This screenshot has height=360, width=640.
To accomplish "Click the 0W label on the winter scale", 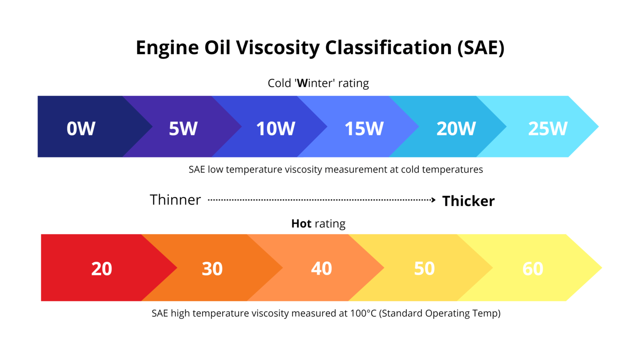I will click(x=81, y=128).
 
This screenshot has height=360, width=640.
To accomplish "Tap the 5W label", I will click(x=183, y=128).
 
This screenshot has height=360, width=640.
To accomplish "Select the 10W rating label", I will click(x=275, y=128).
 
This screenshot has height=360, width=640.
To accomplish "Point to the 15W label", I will click(x=364, y=128).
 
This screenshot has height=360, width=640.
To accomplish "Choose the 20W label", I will click(x=456, y=128).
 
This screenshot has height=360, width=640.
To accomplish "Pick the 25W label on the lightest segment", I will click(x=547, y=128).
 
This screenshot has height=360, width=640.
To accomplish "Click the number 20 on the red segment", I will click(x=102, y=269).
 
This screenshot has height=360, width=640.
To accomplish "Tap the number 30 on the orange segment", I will click(x=212, y=269).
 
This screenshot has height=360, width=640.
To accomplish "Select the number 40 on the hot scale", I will click(x=321, y=268).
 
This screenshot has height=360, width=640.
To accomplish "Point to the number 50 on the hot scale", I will click(x=424, y=268).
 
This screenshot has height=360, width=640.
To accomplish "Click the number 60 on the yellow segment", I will click(x=532, y=269).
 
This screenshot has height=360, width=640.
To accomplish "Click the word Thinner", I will click(x=175, y=200).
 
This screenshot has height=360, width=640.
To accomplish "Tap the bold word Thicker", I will click(x=468, y=201).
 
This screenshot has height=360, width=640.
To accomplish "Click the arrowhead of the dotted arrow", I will click(x=433, y=200).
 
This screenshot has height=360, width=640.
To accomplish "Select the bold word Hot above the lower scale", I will click(x=301, y=224).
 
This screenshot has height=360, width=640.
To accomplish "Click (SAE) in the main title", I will click(x=481, y=47).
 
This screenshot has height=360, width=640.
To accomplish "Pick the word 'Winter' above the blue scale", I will click(x=315, y=83).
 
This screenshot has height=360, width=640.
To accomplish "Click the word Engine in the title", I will click(x=167, y=47).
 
